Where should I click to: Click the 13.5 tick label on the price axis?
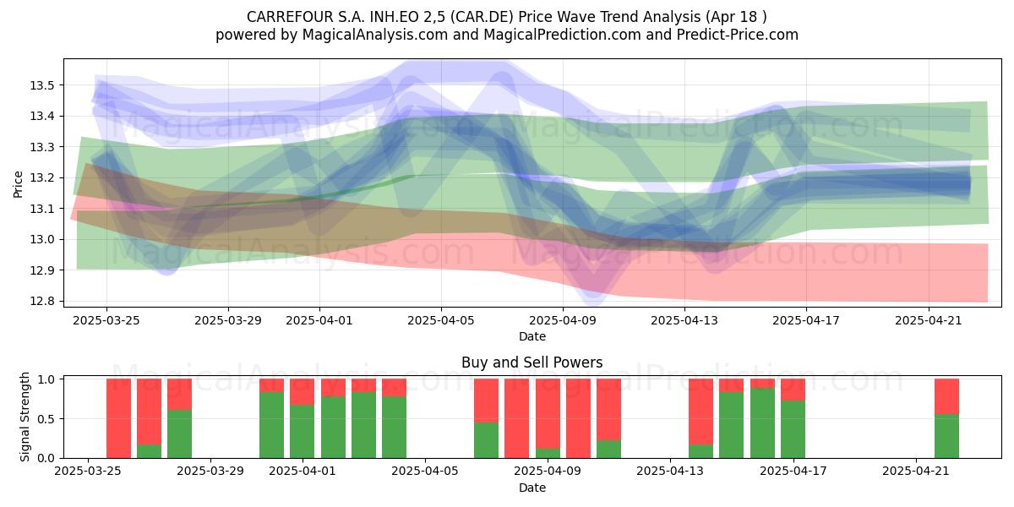pos(41,85)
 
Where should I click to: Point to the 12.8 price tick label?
pos(41,302)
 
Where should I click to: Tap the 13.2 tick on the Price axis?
pos(41,178)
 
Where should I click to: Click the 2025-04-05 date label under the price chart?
pos(441,320)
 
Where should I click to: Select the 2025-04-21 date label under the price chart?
pos(929,320)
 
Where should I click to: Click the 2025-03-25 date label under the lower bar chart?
pos(88,472)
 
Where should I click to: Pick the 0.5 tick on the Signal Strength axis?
pos(46,419)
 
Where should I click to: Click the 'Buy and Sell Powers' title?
pos(532,363)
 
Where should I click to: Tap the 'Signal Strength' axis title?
pos(25,417)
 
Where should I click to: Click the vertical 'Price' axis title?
pos(18,184)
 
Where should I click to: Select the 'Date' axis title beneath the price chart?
pos(532,337)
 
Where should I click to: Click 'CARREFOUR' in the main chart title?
pos(290,17)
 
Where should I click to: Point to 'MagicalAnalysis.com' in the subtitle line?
pos(375,35)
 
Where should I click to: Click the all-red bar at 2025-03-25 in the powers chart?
pos(118,418)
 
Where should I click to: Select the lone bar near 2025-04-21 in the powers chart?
pos(946,418)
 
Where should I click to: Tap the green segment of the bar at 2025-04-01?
pos(302,432)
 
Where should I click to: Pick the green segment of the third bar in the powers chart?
pos(179,434)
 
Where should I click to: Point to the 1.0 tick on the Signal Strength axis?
pos(46,379)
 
